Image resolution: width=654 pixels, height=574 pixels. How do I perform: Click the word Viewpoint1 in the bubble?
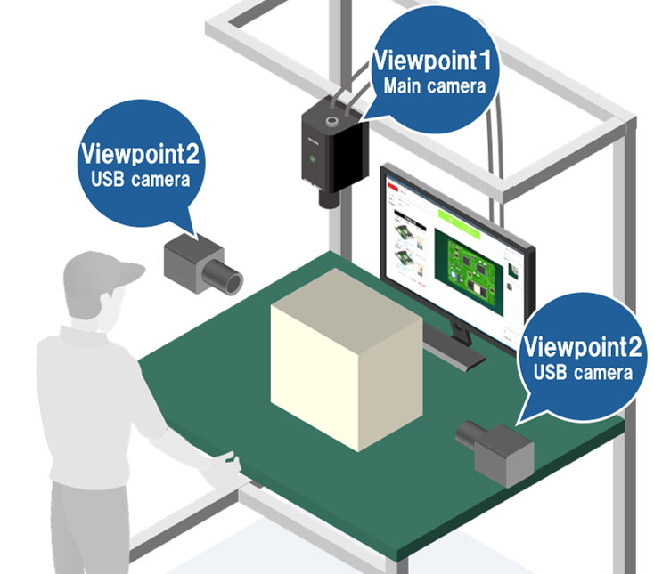point(435,61)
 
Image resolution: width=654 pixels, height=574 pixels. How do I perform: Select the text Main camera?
point(435,86)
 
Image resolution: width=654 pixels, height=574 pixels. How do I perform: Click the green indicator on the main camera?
point(313,161)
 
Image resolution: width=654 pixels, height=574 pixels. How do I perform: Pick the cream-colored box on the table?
point(344,366)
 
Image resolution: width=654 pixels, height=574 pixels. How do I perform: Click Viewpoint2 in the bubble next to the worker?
point(141,154)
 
